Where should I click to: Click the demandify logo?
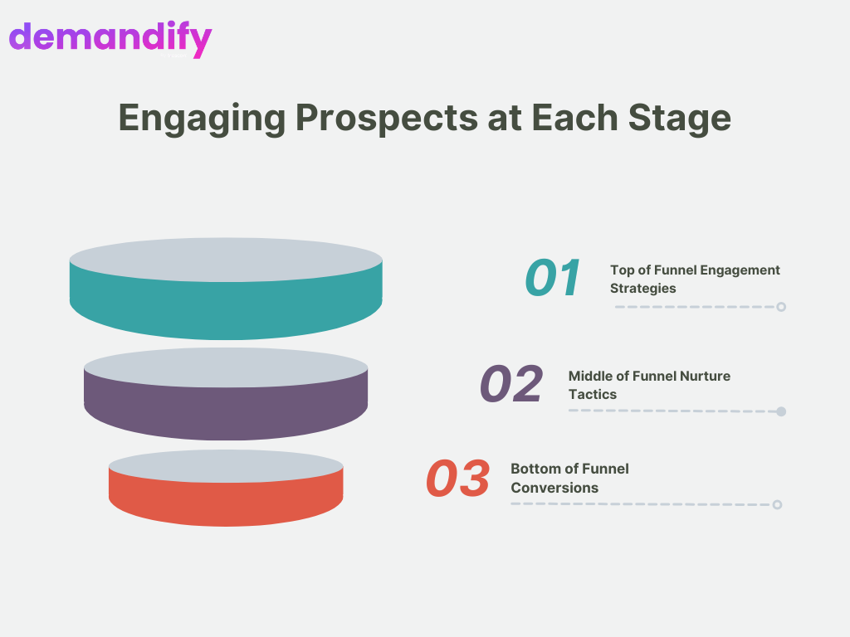pos(110,39)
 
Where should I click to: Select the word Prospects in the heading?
pos(387,119)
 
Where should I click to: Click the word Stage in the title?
pos(680,119)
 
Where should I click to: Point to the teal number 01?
pos(552,278)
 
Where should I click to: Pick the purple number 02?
pos(511,383)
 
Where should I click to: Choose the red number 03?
pos(458,479)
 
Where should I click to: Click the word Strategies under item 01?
pos(643,289)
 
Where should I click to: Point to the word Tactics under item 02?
pos(593,394)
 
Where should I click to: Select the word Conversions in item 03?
pos(554,488)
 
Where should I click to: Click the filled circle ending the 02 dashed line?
pos(781,411)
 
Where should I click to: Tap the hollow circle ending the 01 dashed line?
pos(781,307)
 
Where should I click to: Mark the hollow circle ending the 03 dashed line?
pos(777,505)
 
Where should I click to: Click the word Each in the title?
pos(574,118)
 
